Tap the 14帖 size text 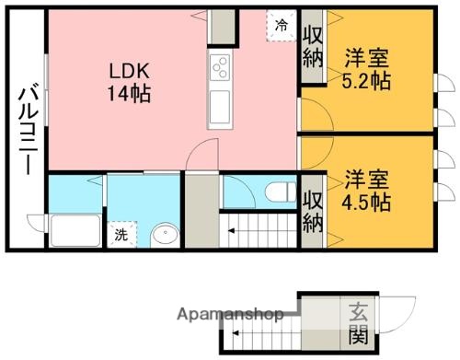pyautogui.click(x=129, y=93)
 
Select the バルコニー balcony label pyautogui.click(x=26, y=128)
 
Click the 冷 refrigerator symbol pyautogui.click(x=281, y=25)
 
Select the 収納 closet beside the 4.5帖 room pyautogui.click(x=312, y=210)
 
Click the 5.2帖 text pyautogui.click(x=367, y=80)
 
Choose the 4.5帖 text pyautogui.click(x=367, y=200)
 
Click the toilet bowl pyautogui.click(x=276, y=192)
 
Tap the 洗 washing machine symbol pyautogui.click(x=121, y=234)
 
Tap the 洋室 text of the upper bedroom pyautogui.click(x=367, y=56)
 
